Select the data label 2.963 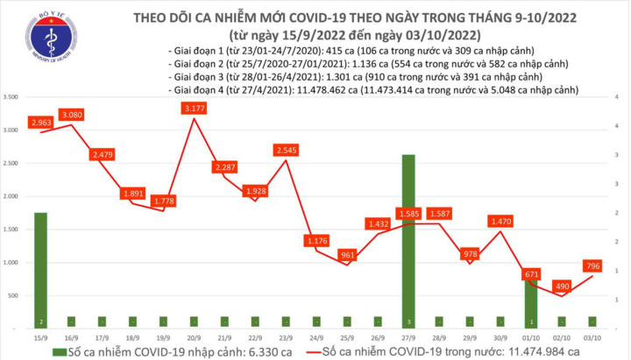click(40, 122)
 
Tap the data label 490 click(560, 286)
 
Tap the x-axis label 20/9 click(192, 336)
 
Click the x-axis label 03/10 click(592, 336)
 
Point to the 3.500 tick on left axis click(12, 96)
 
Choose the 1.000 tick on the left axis click(12, 263)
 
